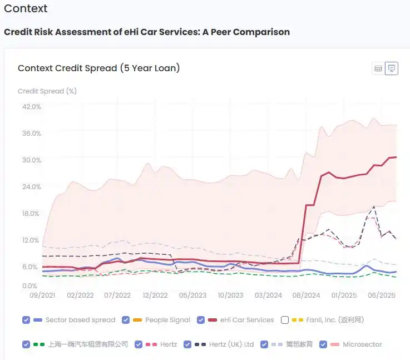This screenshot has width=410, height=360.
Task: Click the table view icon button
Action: (378, 68)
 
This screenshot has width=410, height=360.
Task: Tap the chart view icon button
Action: (392, 68)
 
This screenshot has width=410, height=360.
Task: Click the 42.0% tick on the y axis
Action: (32, 106)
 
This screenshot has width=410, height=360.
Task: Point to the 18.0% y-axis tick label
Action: (32, 214)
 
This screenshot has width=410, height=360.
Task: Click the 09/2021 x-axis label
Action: (42, 295)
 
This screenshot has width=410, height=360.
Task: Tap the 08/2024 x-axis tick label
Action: (305, 295)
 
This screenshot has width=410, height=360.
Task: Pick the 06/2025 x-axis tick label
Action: (381, 295)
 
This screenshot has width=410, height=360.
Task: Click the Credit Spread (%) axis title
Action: (47, 91)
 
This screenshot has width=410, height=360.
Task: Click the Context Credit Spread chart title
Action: (98, 68)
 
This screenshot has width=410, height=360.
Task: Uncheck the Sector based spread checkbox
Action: (26, 320)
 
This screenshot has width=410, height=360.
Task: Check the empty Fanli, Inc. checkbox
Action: (285, 320)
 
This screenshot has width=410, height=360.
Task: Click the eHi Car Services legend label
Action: (247, 320)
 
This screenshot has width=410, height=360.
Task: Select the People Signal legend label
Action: (167, 320)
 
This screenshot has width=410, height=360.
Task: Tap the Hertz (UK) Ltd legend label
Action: (231, 344)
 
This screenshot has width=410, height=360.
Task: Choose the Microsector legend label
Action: (362, 344)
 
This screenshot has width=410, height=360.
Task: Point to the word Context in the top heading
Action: (26, 8)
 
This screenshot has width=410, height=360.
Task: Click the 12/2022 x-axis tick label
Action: (155, 295)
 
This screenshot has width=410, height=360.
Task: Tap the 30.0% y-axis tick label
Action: (32, 160)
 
